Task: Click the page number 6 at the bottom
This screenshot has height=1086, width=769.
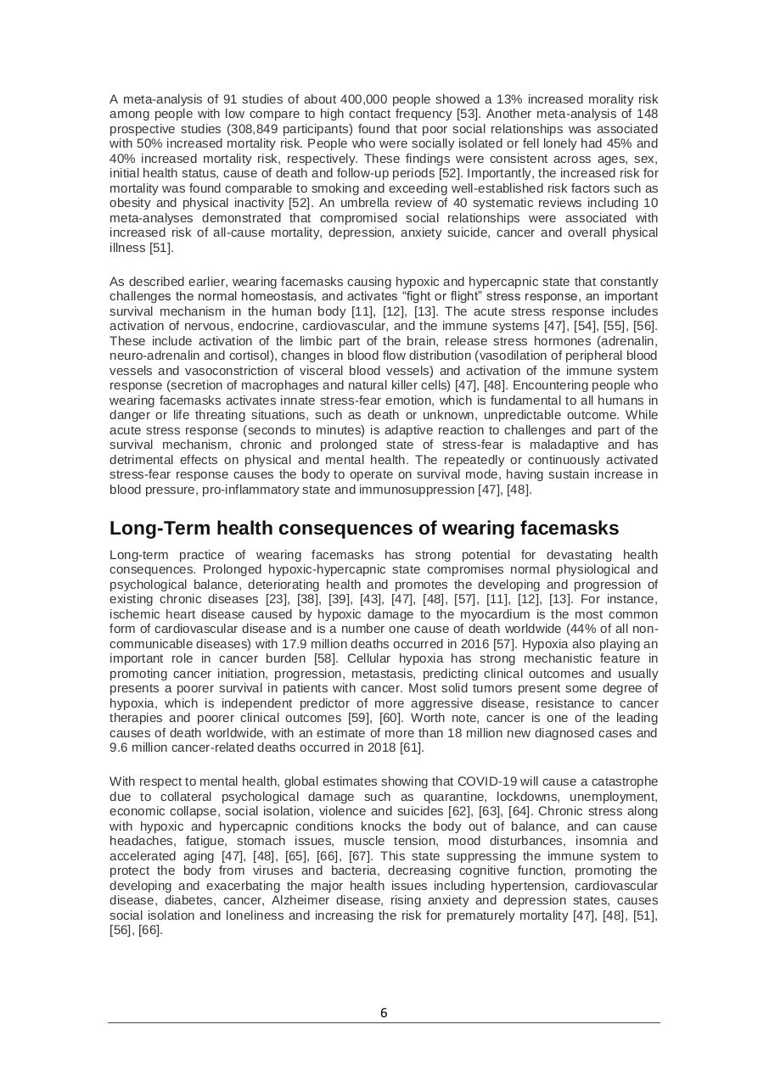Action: (384, 1012)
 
